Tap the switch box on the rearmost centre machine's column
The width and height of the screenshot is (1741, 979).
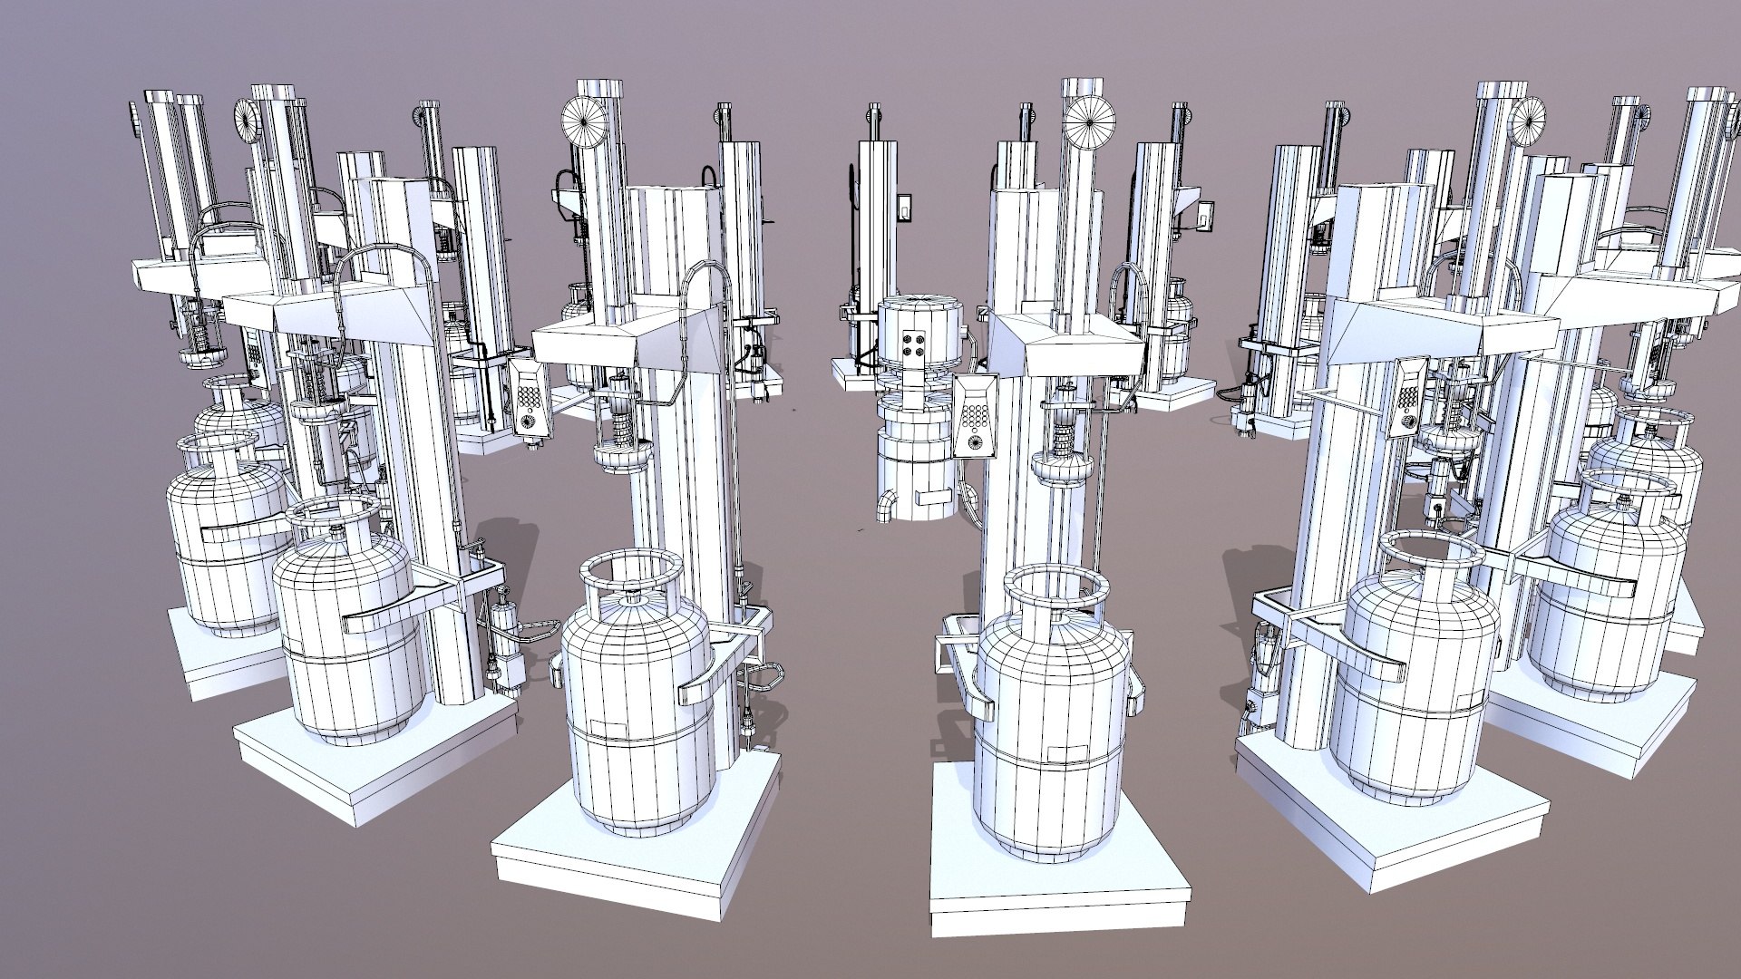coord(904,208)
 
